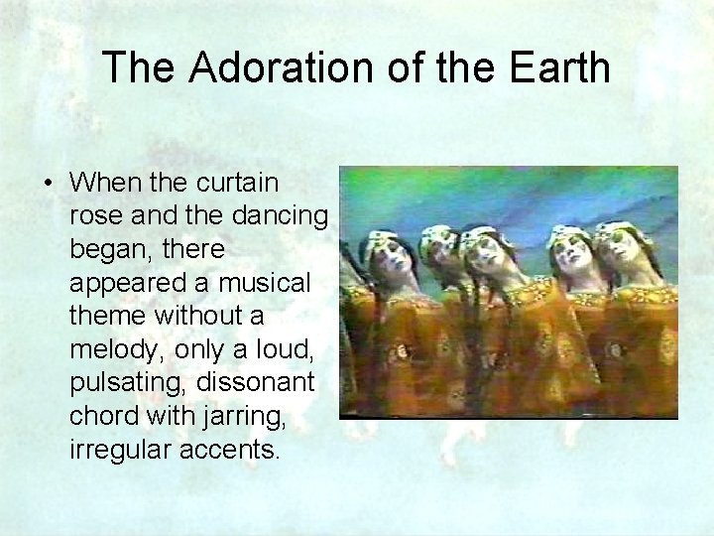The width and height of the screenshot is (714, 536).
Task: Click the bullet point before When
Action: tap(48, 184)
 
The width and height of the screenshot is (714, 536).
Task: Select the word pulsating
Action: tap(127, 383)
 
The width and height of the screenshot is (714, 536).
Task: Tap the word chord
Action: tap(102, 416)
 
